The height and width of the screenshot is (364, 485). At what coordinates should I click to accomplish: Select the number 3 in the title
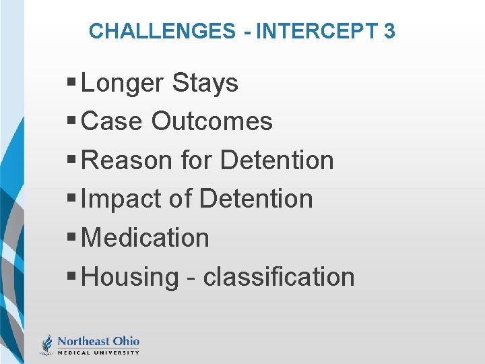[x=389, y=31]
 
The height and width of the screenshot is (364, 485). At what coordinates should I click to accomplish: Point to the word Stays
[x=205, y=84]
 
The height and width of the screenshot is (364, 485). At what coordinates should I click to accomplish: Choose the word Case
[x=112, y=122]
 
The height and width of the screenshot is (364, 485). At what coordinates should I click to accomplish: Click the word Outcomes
[x=212, y=122]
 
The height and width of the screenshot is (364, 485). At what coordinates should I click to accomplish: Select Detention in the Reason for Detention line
[x=277, y=160]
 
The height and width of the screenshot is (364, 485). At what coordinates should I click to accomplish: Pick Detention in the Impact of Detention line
[x=256, y=200]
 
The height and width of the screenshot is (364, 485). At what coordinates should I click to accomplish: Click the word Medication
[x=145, y=238]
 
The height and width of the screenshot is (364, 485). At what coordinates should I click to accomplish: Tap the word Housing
[x=129, y=277]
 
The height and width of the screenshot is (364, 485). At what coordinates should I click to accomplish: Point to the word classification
[x=279, y=277]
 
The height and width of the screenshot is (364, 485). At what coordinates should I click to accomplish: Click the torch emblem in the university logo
[x=46, y=344]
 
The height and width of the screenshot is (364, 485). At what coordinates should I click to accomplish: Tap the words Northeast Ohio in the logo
[x=98, y=341]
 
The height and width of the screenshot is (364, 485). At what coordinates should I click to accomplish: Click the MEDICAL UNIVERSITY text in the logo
[x=98, y=352]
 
